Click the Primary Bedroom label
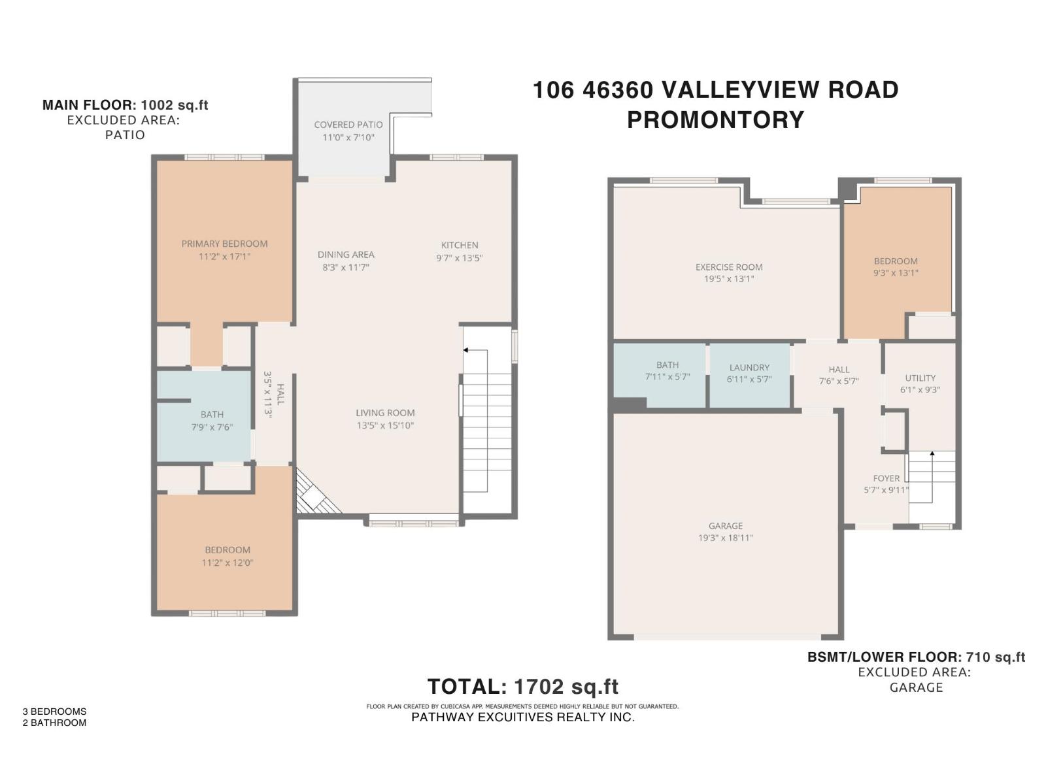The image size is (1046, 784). click(224, 244)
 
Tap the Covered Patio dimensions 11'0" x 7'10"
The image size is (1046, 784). click(348, 137)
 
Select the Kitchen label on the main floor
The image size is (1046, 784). click(459, 245)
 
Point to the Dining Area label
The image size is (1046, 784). click(346, 255)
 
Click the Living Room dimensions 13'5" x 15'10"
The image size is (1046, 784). click(385, 425)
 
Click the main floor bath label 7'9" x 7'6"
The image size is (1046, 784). click(212, 420)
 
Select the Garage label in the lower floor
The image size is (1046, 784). click(725, 526)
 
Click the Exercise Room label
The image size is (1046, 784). click(729, 267)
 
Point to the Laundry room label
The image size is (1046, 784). click(749, 368)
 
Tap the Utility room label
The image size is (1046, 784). click(920, 378)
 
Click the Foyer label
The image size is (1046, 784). click(886, 478)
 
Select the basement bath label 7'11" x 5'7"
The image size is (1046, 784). click(667, 370)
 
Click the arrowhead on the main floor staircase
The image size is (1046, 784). click(465, 350)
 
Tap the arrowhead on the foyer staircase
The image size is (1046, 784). click(932, 452)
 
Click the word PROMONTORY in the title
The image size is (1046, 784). click(715, 120)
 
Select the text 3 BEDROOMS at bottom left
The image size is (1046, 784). click(54, 711)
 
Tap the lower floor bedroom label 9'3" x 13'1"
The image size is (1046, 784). click(896, 267)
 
